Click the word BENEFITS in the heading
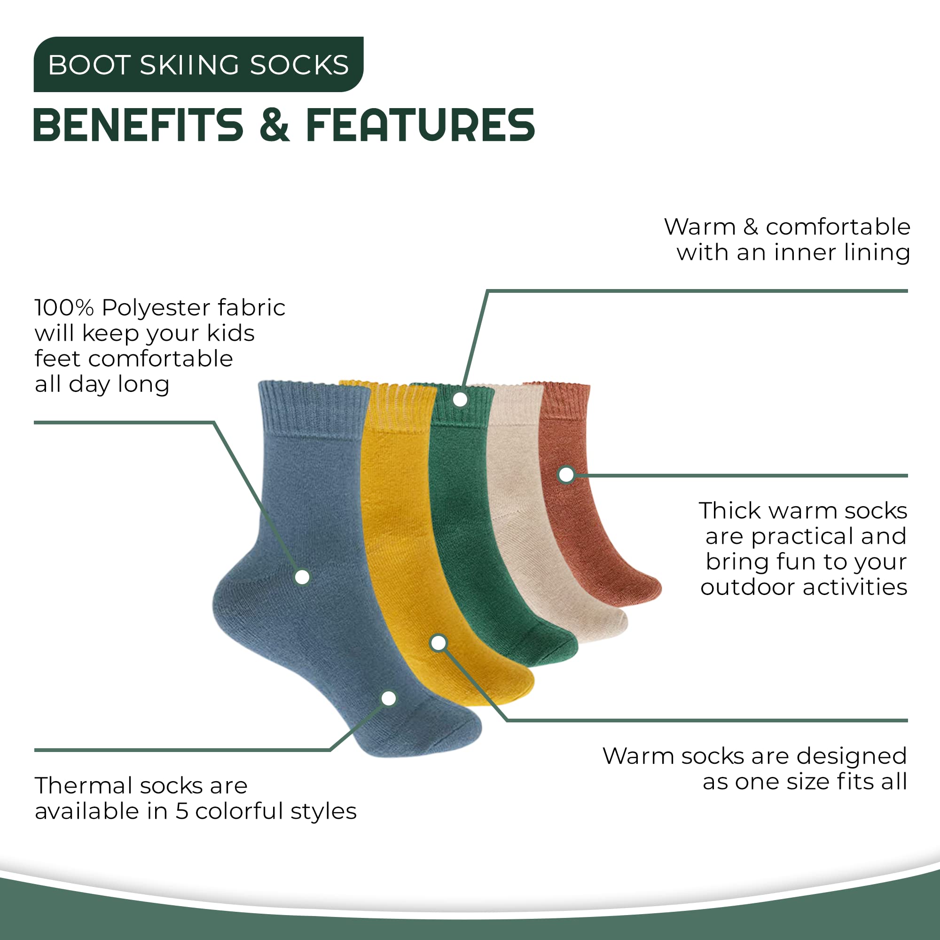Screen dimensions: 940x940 click(138, 125)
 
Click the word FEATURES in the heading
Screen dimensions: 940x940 click(420, 125)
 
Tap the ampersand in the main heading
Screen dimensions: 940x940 click(275, 125)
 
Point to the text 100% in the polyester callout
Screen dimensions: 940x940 click(64, 307)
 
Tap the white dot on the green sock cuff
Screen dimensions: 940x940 click(460, 399)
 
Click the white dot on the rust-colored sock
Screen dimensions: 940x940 click(566, 474)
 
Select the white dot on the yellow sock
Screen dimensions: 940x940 click(439, 642)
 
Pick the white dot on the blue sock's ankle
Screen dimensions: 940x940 click(302, 577)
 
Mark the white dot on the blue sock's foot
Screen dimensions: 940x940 click(389, 698)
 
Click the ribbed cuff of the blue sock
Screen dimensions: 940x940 click(315, 407)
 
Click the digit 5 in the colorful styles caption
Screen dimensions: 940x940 click(181, 811)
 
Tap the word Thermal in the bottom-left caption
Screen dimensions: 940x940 click(83, 785)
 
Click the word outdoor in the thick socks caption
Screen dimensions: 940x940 click(748, 587)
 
